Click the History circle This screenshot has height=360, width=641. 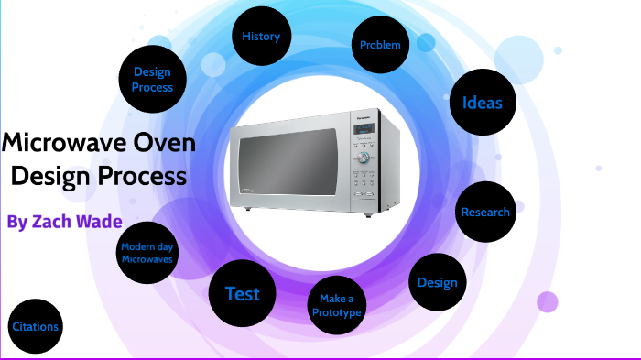coord(262,38)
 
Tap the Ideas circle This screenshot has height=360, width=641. coord(483,103)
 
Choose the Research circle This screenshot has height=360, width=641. coord(485,213)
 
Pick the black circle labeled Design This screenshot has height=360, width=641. coord(437,282)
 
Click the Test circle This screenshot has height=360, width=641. coord(242,294)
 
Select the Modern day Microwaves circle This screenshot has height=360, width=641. coord(147,251)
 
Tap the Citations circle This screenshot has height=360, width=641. coord(36,327)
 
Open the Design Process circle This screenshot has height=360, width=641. coord(152,80)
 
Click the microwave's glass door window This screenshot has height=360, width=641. coord(289,161)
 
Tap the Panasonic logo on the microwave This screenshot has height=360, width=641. coord(362,117)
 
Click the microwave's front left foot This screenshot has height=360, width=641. coord(247,207)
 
